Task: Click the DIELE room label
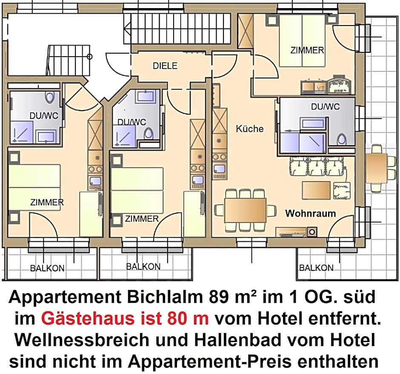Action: pyautogui.click(x=165, y=66)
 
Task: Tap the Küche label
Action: pyautogui.click(x=250, y=129)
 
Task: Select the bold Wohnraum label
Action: pyautogui.click(x=310, y=213)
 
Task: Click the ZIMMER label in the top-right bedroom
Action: pyautogui.click(x=307, y=50)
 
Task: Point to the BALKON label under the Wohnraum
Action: pyautogui.click(x=316, y=268)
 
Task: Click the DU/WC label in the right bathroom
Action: pyautogui.click(x=325, y=107)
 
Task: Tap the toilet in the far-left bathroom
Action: pyautogui.click(x=51, y=98)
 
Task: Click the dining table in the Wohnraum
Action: pyautogui.click(x=246, y=210)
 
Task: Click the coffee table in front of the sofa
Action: pyautogui.click(x=316, y=190)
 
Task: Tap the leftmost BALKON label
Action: pyautogui.click(x=47, y=268)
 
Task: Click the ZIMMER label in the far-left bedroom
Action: pyautogui.click(x=47, y=202)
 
